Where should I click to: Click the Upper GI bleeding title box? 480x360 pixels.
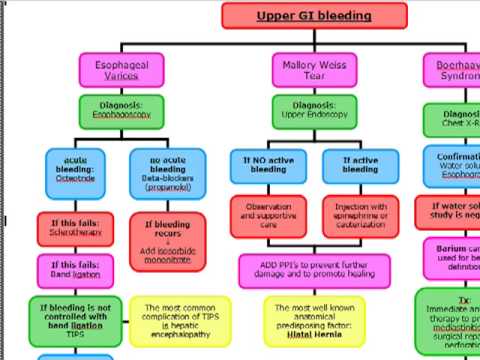[314, 16]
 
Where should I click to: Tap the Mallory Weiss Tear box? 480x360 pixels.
[314, 70]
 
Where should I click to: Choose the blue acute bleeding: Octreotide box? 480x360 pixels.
[82, 169]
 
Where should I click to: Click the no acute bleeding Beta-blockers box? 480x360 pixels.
[166, 169]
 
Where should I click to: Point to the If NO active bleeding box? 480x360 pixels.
[274, 164]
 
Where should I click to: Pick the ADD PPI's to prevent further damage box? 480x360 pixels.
[314, 267]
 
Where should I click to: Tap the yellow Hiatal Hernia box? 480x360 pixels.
[314, 315]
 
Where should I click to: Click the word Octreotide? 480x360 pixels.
[82, 180]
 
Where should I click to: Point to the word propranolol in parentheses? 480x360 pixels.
[166, 187]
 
